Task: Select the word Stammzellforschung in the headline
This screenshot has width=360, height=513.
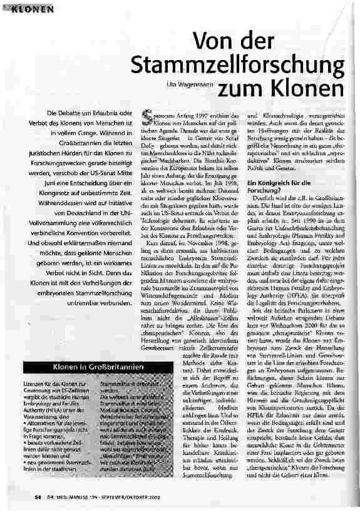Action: [239, 64]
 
